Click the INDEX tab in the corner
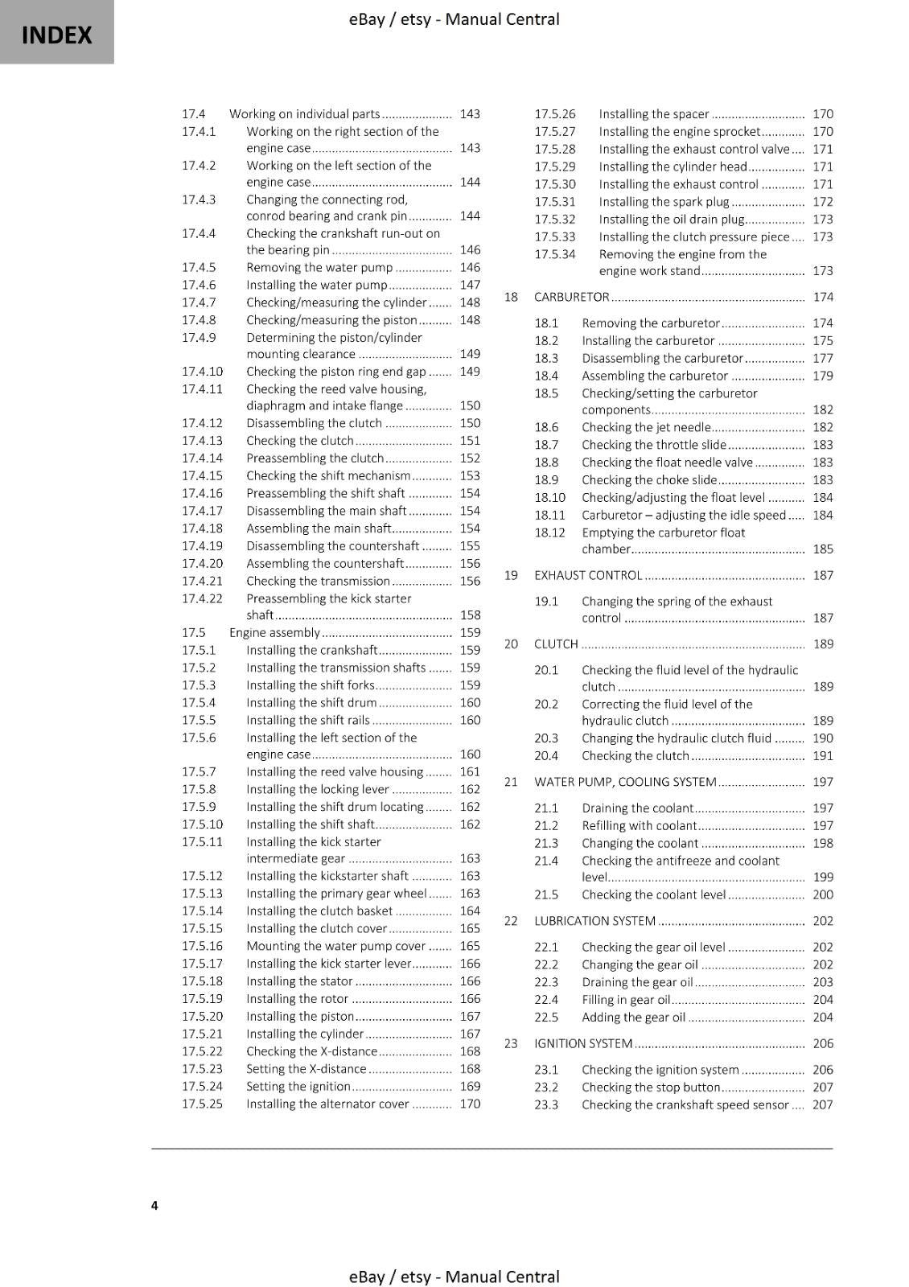pyautogui.click(x=56, y=35)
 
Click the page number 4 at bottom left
pyautogui.click(x=154, y=1205)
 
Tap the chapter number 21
pyautogui.click(x=511, y=781)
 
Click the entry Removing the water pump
pyautogui.click(x=319, y=267)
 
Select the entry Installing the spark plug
pyautogui.click(x=664, y=202)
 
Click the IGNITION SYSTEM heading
pyautogui.click(x=583, y=1043)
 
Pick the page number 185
pyautogui.click(x=823, y=549)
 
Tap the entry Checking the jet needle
pyautogui.click(x=646, y=427)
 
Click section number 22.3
pyautogui.click(x=546, y=982)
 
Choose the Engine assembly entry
pyautogui.click(x=274, y=632)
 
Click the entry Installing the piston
pyautogui.click(x=300, y=1016)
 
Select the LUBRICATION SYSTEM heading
pyautogui.click(x=595, y=921)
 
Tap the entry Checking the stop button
pyautogui.click(x=651, y=1087)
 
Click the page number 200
pyautogui.click(x=823, y=894)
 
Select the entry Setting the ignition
pyautogui.click(x=298, y=1086)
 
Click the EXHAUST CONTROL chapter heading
pyautogui.click(x=588, y=575)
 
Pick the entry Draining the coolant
pyautogui.click(x=637, y=808)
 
